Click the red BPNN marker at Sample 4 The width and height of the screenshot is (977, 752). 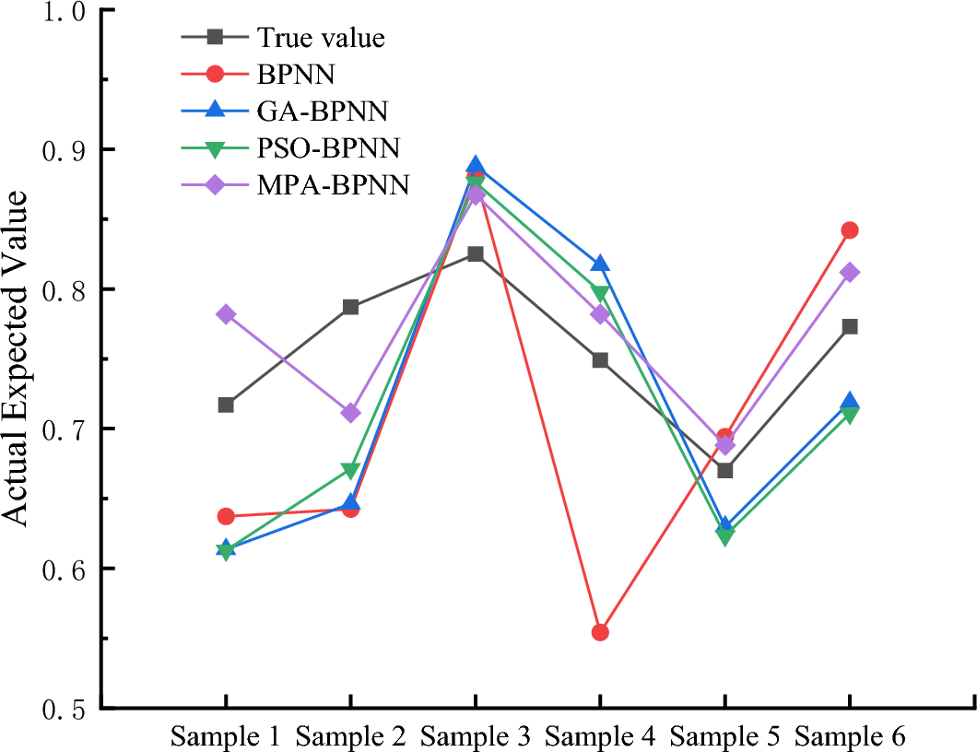point(600,632)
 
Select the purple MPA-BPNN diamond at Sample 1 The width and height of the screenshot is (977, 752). point(226,314)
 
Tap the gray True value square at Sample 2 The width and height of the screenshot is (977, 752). point(350,307)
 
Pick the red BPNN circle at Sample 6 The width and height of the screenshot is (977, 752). point(849,230)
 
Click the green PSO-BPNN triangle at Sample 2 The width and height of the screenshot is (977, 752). point(350,471)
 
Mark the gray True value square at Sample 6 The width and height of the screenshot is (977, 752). point(849,326)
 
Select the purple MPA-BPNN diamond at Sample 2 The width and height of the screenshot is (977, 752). point(350,413)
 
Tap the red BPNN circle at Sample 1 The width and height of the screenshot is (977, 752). point(226,516)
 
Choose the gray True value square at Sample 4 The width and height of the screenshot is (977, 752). point(600,359)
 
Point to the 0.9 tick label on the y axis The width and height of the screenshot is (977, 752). point(59,149)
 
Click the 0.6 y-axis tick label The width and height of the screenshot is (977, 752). point(59,569)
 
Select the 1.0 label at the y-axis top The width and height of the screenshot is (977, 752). point(59,11)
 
